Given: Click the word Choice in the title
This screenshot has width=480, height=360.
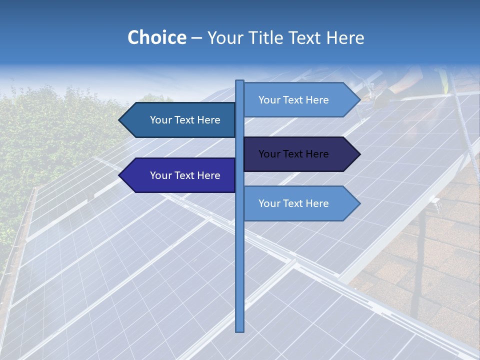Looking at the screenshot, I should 156,37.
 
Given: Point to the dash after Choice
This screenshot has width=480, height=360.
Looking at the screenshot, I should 196,38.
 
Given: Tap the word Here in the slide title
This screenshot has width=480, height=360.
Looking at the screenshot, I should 345,37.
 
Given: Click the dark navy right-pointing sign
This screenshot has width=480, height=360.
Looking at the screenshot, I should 300,154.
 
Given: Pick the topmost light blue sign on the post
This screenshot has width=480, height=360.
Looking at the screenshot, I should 300,100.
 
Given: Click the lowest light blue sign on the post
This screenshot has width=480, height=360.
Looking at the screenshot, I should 300,203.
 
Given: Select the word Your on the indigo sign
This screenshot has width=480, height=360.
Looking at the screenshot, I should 160,175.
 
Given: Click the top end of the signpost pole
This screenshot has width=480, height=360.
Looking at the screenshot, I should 239,82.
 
